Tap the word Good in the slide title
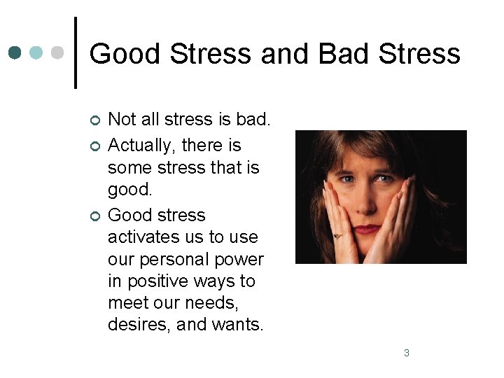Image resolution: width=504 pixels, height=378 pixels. coord(123,54)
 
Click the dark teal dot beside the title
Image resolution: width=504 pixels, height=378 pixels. coord(15,53)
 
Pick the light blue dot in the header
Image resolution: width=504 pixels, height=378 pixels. coord(36,53)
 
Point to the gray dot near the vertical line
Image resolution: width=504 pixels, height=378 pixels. coord(57,53)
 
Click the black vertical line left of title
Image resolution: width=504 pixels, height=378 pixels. coord(75,53)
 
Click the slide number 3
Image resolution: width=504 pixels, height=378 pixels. coord(407,353)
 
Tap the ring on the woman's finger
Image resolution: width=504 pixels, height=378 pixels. coord(337,235)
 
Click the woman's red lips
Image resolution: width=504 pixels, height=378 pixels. coord(367,229)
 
